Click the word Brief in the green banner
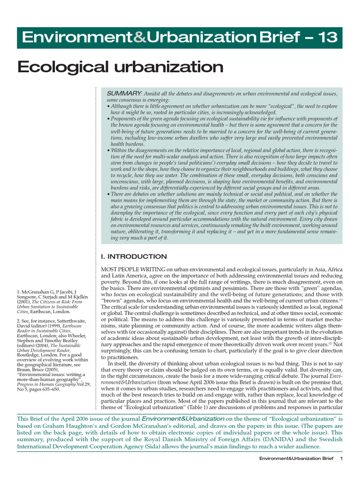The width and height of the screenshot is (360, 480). point(276,37)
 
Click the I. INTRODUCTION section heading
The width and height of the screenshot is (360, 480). point(134,256)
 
